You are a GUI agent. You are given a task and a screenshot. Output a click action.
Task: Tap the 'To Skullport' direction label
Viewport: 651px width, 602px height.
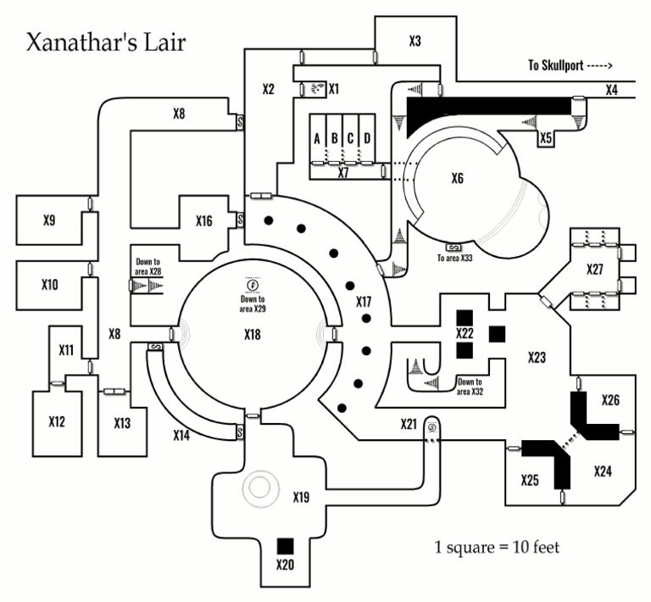click(570, 66)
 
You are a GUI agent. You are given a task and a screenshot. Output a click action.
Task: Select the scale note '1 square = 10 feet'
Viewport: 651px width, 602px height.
click(496, 547)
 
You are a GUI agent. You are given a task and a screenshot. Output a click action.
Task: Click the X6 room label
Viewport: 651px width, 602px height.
click(458, 179)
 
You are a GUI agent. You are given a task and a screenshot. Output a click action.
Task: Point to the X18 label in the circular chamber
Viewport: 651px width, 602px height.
click(252, 334)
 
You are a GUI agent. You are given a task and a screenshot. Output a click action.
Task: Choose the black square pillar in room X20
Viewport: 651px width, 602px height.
click(285, 545)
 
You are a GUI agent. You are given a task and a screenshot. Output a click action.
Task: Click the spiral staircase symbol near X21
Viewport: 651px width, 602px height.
click(432, 427)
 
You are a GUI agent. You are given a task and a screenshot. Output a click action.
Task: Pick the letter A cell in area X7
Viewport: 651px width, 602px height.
click(317, 138)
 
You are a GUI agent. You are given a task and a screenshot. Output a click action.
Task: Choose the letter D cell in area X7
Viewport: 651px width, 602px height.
click(367, 138)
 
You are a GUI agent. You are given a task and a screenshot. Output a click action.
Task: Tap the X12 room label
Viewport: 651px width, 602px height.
click(58, 421)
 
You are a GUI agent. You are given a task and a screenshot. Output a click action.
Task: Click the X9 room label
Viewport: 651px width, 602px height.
click(49, 221)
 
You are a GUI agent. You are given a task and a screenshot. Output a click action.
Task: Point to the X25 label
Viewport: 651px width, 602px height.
click(530, 480)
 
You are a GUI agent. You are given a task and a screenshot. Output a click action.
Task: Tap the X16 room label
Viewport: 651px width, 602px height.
click(203, 221)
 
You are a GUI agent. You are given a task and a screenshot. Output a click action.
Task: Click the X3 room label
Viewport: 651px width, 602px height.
click(415, 42)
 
